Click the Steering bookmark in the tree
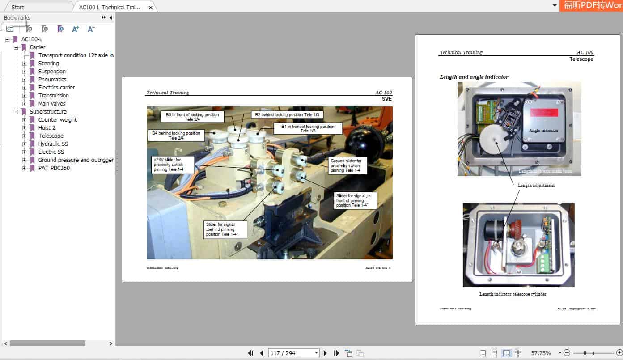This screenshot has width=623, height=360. click(48, 63)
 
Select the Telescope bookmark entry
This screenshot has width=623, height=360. click(51, 136)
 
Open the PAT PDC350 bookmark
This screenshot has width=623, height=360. click(54, 168)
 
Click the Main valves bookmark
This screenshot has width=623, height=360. click(52, 103)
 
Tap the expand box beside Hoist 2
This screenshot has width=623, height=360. click(25, 127)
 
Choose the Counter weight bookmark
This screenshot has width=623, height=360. click(57, 119)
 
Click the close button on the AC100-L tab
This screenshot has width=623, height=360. click(151, 7)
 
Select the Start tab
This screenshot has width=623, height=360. click(18, 7)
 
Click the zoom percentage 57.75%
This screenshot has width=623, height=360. click(541, 353)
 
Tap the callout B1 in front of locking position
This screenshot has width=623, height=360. click(308, 129)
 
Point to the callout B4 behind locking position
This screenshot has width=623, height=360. click(176, 136)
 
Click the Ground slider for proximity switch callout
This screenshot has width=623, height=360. click(348, 165)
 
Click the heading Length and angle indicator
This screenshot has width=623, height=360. click(474, 77)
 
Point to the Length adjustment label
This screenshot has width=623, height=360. click(536, 185)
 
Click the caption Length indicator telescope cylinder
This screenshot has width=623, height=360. click(513, 294)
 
